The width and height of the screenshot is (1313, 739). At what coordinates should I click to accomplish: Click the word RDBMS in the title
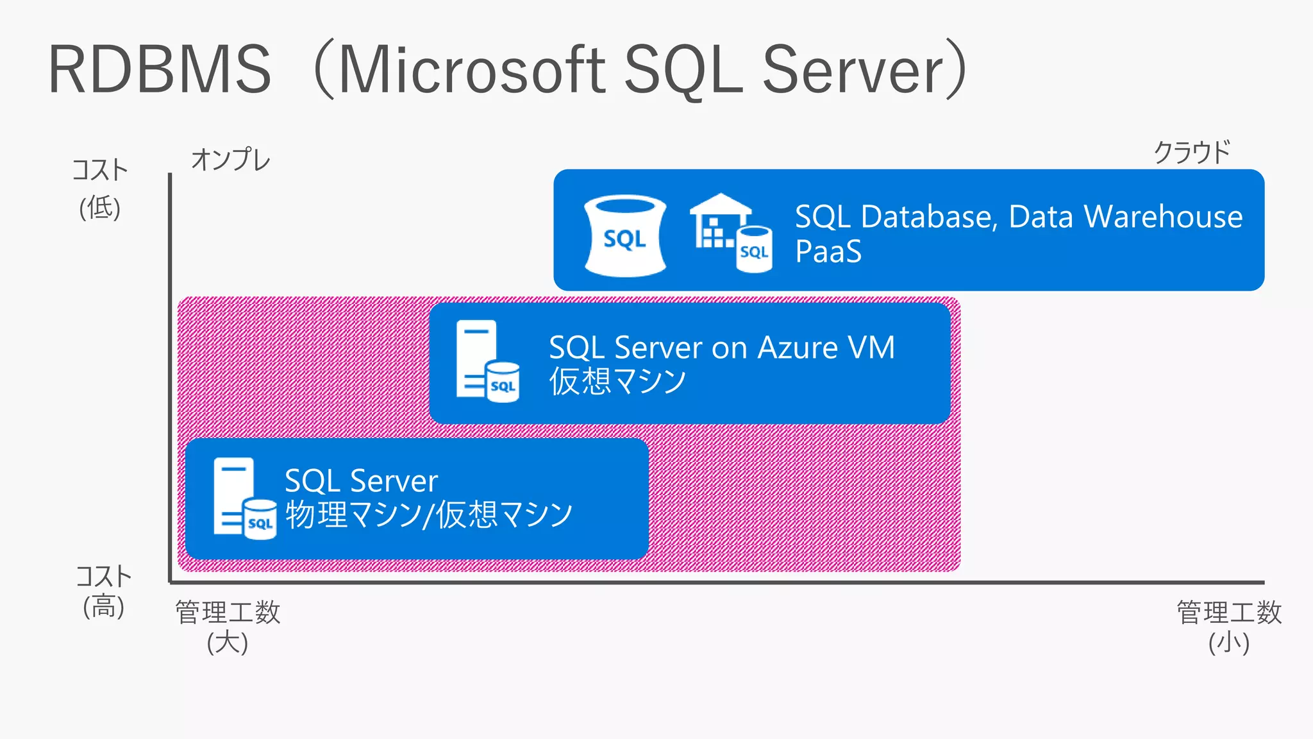click(160, 69)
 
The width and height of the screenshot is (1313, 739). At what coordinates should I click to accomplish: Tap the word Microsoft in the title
click(471, 69)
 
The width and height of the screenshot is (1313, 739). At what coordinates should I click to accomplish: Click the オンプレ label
click(231, 160)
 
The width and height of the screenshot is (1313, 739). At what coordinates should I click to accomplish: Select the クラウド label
click(1192, 153)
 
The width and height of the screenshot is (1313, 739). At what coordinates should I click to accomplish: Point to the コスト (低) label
click(100, 189)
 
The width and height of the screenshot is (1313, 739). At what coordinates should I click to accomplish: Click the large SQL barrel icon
click(625, 236)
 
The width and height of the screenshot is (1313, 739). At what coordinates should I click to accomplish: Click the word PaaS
click(828, 251)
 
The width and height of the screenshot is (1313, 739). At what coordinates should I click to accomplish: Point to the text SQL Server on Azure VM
click(721, 348)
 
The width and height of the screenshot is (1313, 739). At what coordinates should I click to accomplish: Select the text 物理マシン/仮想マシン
click(428, 514)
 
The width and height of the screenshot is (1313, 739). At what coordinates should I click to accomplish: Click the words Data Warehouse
click(1125, 217)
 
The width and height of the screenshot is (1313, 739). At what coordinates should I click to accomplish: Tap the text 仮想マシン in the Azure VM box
click(617, 381)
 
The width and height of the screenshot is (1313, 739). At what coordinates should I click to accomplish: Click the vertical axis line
click(170, 378)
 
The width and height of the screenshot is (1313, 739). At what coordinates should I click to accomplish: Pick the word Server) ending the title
click(862, 69)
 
